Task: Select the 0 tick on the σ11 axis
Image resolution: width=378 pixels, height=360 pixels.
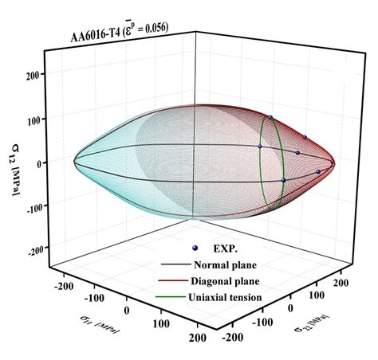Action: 127,308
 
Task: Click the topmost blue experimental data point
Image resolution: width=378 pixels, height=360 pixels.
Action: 271,118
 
